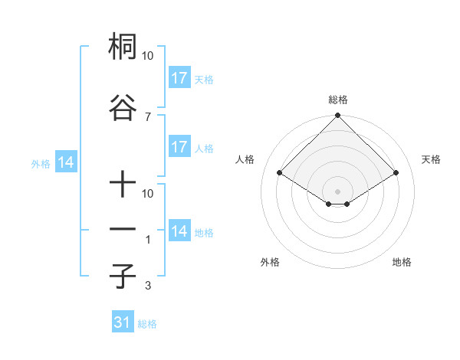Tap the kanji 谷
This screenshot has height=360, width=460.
(123, 106)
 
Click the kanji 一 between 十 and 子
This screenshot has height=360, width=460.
(123, 230)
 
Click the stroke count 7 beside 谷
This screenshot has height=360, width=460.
(148, 116)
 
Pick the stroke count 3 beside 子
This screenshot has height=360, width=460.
(148, 286)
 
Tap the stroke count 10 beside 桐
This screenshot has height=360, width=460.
(148, 57)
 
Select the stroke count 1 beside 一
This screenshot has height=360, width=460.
(148, 240)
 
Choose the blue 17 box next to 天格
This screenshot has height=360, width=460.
(179, 78)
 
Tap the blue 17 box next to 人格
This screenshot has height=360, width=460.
(179, 147)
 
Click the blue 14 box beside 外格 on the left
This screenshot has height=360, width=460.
(65, 162)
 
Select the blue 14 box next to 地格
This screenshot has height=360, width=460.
(179, 231)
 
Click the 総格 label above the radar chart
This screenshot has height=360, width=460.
(337, 100)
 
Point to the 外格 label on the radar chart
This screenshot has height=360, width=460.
(270, 262)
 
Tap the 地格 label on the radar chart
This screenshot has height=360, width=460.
(402, 262)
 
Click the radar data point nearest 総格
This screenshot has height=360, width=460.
(337, 116)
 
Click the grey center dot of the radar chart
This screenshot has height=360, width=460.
(337, 190)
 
